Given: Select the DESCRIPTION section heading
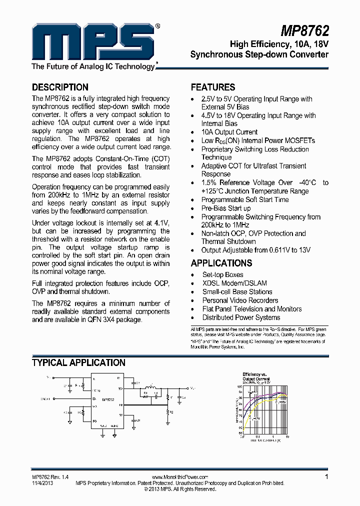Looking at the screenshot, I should pyautogui.click(x=60, y=87).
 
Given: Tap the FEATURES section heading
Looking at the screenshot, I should pyautogui.click(x=213, y=87).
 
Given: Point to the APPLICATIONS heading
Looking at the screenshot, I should pyautogui.click(x=221, y=263).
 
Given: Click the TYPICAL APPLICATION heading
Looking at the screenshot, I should pyautogui.click(x=78, y=363).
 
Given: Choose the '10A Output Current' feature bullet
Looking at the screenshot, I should pyautogui.click(x=229, y=132).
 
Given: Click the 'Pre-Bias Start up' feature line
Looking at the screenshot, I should pyautogui.click(x=226, y=208).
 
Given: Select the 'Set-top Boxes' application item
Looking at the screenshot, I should pyautogui.click(x=222, y=274).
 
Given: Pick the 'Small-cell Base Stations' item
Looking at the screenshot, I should pyautogui.click(x=237, y=291).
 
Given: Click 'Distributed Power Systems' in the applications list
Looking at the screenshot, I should pyautogui.click(x=241, y=317).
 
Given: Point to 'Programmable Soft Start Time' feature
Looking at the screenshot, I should pyautogui.click(x=245, y=199).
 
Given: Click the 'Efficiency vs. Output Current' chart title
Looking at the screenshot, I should pyautogui.click(x=256, y=376).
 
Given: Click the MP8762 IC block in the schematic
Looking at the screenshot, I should pyautogui.click(x=107, y=400).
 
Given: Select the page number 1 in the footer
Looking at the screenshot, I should pyautogui.click(x=326, y=477).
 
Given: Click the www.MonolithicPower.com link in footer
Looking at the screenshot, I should pyautogui.click(x=179, y=477).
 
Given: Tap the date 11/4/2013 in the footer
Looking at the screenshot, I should pyautogui.click(x=42, y=483).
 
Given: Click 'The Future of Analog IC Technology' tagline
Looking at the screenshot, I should pyautogui.click(x=94, y=66).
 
